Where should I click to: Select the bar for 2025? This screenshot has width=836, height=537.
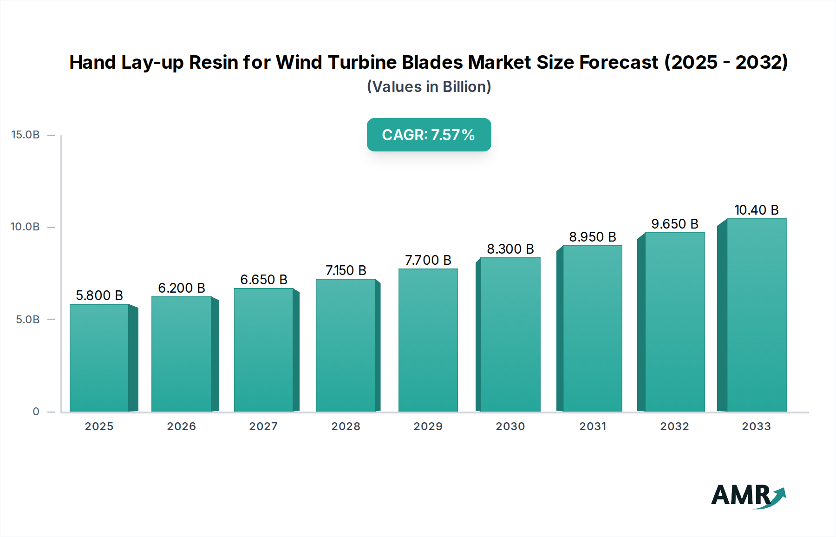tap(99, 358)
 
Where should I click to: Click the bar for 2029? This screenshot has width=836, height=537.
tap(428, 340)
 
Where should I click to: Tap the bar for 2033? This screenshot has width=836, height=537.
tap(757, 315)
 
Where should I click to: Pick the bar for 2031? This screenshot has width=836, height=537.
tap(592, 328)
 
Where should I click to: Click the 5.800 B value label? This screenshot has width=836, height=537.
tap(99, 295)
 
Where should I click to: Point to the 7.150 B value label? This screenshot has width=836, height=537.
tap(346, 270)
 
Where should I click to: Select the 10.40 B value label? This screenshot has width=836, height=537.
tap(756, 210)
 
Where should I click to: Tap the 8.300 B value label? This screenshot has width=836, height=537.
tap(510, 249)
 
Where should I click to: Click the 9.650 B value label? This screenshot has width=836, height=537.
tap(675, 224)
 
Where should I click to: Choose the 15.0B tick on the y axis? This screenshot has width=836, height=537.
tap(26, 135)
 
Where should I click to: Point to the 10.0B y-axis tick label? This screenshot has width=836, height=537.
tap(26, 227)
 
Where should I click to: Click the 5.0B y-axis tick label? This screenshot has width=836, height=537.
tap(28, 320)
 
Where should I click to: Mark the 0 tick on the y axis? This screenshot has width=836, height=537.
tap(36, 412)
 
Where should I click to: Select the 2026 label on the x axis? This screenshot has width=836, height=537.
tap(182, 426)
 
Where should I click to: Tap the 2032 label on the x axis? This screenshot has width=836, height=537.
tap(675, 426)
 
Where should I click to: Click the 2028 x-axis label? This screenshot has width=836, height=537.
tap(346, 426)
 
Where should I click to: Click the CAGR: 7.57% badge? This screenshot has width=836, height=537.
tap(429, 135)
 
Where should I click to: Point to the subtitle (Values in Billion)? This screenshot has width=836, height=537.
tap(429, 87)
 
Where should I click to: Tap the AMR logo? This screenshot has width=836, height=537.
tap(748, 496)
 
